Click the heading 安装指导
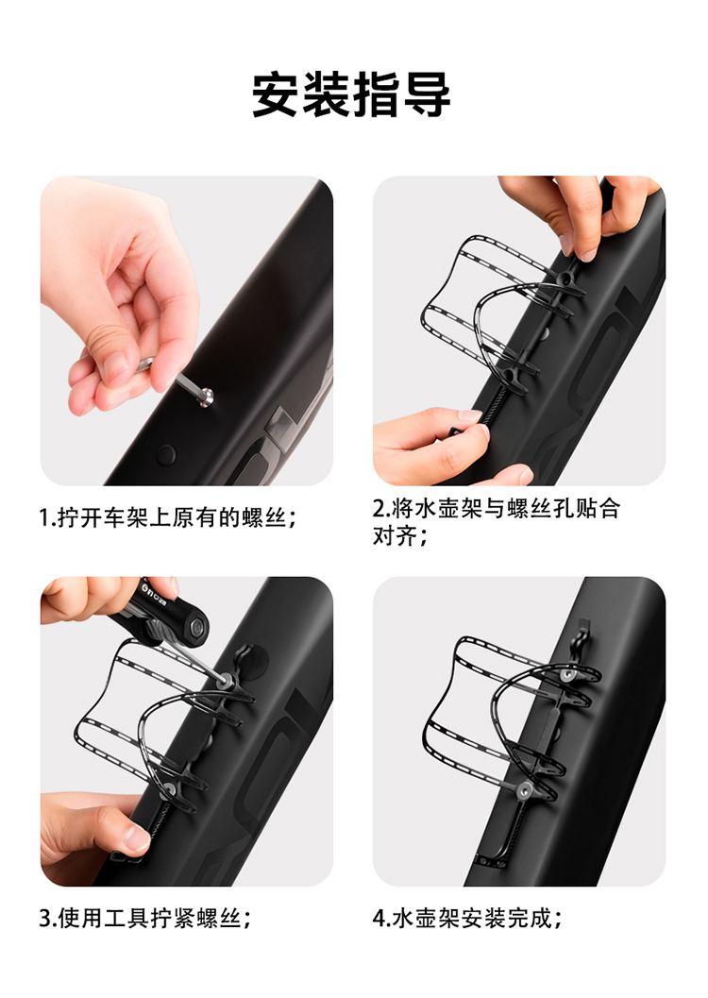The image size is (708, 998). [x=351, y=94]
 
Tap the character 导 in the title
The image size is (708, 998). [x=427, y=94]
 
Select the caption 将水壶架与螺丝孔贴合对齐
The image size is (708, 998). [x=497, y=522]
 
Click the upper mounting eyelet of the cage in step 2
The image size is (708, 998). [x=565, y=278]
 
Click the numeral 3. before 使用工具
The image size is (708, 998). [x=48, y=919]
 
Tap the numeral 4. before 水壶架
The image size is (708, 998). [x=381, y=919]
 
